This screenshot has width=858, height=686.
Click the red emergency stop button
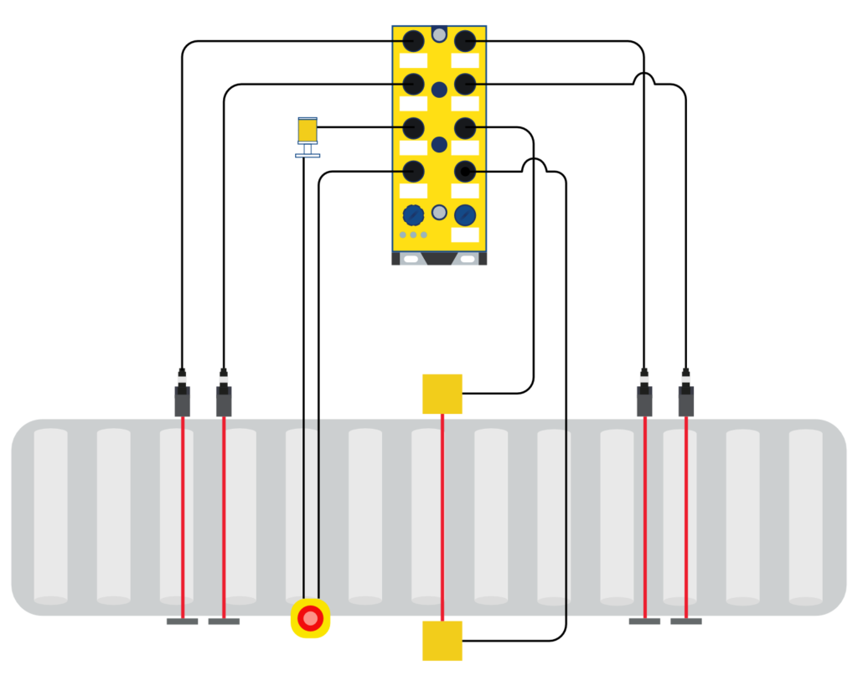point(310,619)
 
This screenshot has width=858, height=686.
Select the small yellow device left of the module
point(308,132)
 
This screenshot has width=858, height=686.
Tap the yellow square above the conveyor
point(442,394)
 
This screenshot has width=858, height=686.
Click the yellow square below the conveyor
point(442,641)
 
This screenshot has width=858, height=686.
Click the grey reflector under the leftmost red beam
point(182,622)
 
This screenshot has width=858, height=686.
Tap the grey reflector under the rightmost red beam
point(685,622)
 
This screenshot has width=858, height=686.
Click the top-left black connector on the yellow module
point(413,41)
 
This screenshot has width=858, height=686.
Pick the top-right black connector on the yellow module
point(465,41)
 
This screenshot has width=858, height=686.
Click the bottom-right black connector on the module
point(465,172)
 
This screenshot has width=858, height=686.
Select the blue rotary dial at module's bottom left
point(413,215)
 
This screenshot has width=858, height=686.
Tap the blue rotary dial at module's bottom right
point(465,215)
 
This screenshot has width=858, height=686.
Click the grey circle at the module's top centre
point(439,34)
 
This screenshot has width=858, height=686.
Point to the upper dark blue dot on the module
point(439,90)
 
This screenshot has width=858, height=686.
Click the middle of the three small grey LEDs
point(413,235)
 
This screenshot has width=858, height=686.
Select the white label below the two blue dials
point(465,235)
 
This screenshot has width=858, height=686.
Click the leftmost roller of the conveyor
point(50,516)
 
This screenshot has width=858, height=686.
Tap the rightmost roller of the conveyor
point(805,516)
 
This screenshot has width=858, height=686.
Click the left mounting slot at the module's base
point(411,259)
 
